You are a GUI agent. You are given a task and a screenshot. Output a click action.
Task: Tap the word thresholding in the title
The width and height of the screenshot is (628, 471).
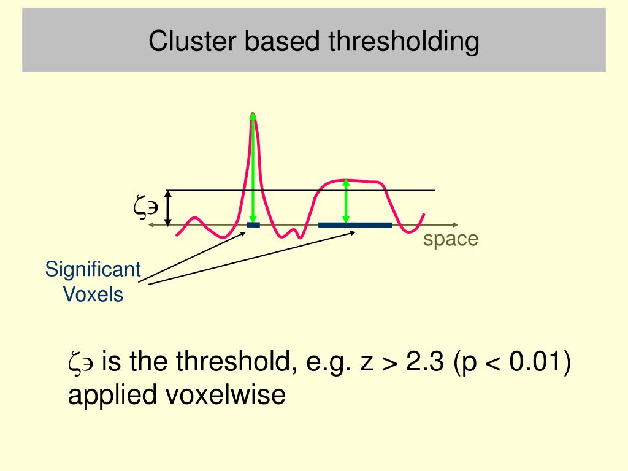404,42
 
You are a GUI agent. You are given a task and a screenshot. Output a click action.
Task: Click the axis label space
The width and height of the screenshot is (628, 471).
450,239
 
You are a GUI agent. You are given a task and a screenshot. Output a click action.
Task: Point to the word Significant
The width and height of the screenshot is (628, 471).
93,269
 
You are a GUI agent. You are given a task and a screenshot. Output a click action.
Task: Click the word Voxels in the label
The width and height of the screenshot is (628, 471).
94,294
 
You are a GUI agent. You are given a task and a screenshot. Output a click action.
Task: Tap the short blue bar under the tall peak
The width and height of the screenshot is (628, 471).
253,225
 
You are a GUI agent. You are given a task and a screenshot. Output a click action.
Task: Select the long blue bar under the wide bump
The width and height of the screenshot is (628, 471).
355,225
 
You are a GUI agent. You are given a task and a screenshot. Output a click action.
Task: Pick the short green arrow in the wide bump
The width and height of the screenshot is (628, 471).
346,201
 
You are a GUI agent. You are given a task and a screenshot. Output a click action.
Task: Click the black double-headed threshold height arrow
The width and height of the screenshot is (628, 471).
169,207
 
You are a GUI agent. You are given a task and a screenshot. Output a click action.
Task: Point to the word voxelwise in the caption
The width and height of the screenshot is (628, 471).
225,395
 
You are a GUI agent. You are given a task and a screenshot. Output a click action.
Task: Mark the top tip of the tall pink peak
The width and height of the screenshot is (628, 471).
253,115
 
